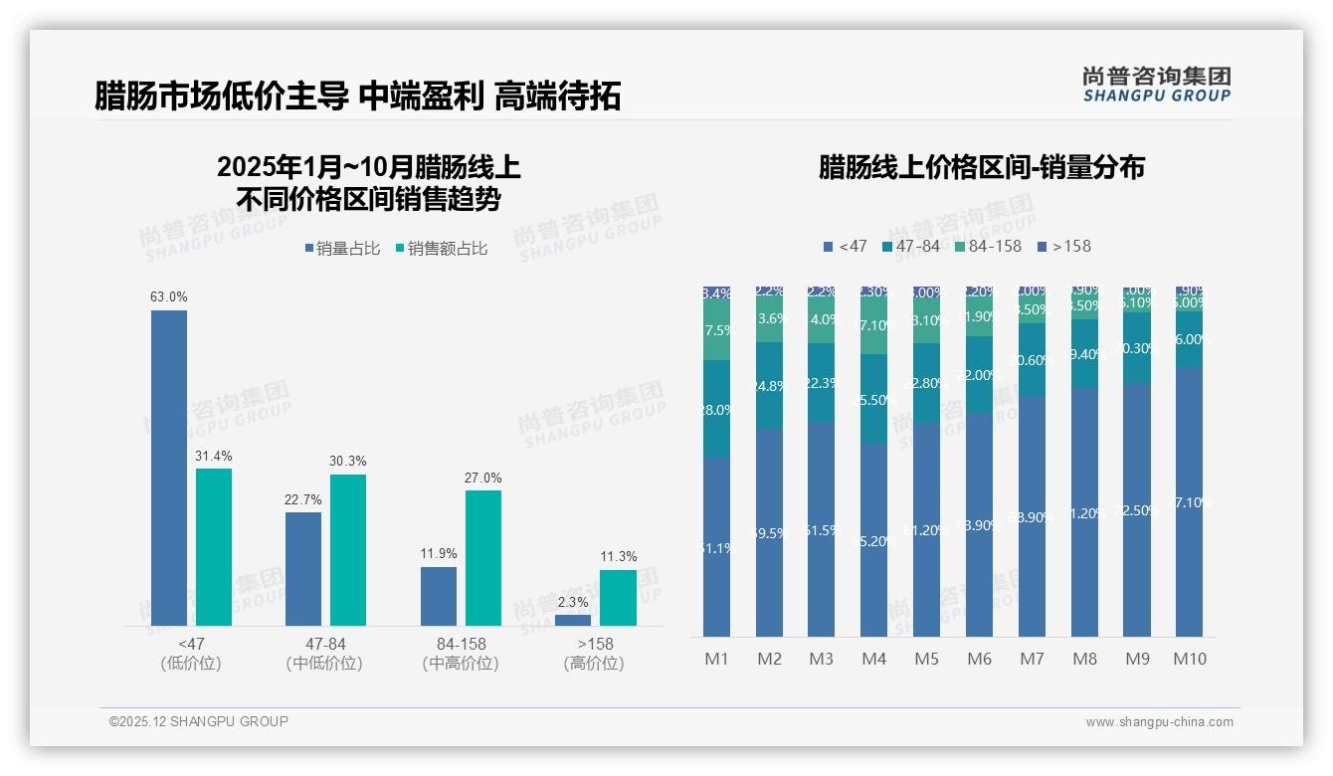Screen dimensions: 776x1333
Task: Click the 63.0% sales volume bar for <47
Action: pos(169,468)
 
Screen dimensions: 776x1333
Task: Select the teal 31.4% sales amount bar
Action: pos(214,547)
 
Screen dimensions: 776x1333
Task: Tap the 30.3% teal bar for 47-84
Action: pos(348,549)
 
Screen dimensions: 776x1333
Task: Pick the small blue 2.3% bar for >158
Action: pos(573,620)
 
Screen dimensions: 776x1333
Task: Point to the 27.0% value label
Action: pos(483,478)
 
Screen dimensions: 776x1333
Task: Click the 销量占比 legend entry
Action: pos(342,249)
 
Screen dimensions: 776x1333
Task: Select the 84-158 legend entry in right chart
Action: pos(988,246)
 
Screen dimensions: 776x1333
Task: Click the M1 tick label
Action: pos(716,659)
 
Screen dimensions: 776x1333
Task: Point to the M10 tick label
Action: pos(1189,659)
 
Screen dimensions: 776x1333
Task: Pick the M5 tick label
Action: pos(926,659)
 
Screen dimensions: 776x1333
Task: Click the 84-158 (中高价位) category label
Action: pos(461,654)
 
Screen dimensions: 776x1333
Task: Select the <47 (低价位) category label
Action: pos(190,654)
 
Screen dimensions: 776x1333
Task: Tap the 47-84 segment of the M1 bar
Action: pos(716,409)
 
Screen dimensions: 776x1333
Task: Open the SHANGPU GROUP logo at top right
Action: pos(1156,84)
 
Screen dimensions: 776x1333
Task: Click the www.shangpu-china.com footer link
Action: pos(1159,722)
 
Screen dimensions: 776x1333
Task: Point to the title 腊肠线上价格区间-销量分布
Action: pos(981,167)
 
